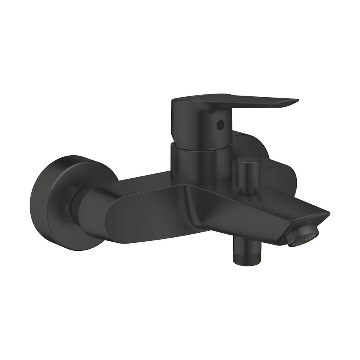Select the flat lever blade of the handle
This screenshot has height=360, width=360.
(256, 102)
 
